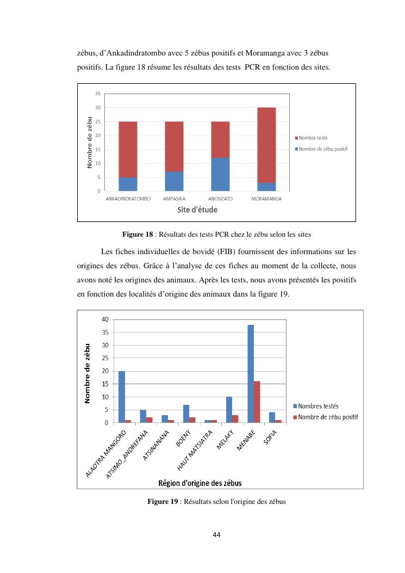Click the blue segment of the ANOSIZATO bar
220,174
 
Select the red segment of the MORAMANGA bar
266,145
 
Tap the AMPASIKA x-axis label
174,199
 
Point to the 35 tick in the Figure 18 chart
97,94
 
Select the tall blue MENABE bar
251,374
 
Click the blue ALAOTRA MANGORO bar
122,397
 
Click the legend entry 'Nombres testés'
319,406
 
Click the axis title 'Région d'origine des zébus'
200,483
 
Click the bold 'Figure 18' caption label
138,235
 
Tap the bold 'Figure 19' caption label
163,502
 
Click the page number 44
216,535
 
